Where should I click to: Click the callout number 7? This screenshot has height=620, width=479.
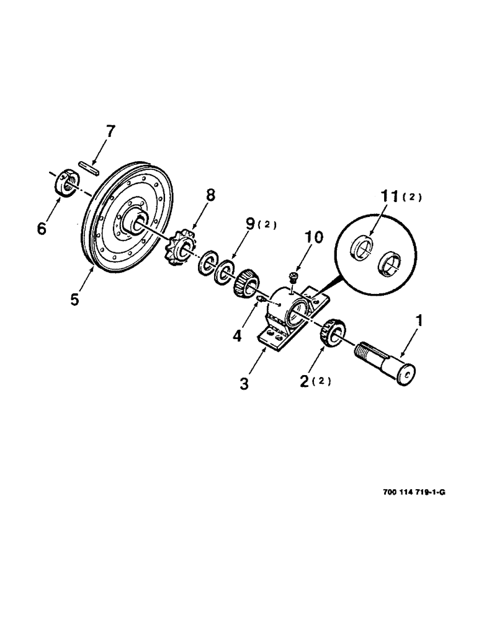click(x=110, y=132)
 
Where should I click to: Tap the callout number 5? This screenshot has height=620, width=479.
click(x=75, y=299)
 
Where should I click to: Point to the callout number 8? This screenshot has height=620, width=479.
click(x=210, y=197)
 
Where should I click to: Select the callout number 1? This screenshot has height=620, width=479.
click(x=420, y=321)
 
